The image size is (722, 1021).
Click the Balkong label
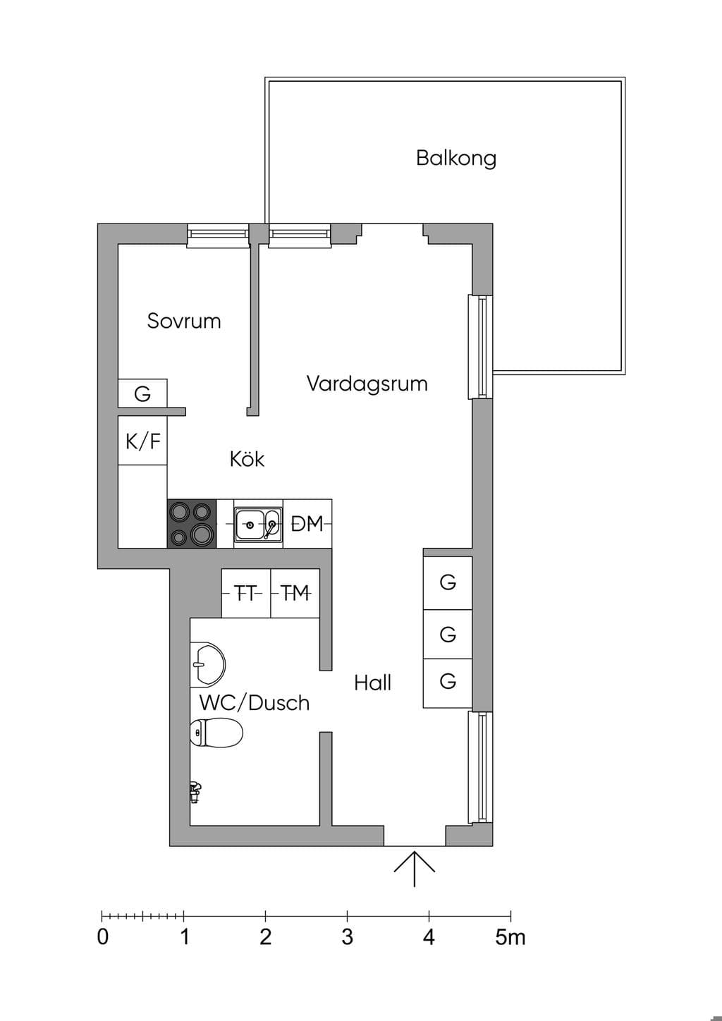[455, 158]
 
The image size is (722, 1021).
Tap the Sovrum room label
[184, 321]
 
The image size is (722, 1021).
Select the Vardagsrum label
[367, 384]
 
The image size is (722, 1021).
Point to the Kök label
[247, 458]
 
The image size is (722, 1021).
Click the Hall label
[372, 683]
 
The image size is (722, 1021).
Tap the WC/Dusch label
[255, 703]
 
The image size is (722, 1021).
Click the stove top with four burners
[192, 524]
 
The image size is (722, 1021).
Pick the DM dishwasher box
[307, 524]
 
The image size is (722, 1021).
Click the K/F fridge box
[142, 441]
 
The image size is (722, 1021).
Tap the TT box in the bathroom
[246, 593]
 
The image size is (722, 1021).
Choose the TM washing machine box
[295, 593]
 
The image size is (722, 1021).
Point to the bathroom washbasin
[207, 664]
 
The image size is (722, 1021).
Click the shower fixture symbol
[196, 792]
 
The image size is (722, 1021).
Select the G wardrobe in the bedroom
[142, 393]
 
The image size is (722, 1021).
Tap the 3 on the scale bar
[348, 937]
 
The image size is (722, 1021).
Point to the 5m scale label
[510, 937]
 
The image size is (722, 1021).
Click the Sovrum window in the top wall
[218, 235]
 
